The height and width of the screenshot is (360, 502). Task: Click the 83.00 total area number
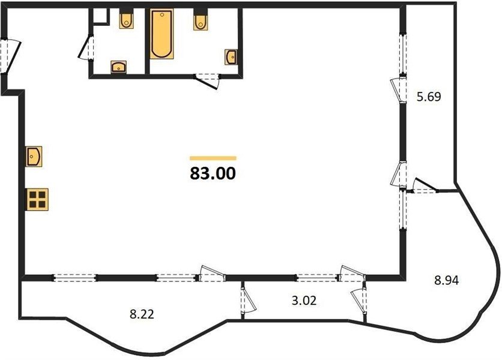pos(213,174)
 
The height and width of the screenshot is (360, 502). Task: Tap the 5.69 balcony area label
pos(429,97)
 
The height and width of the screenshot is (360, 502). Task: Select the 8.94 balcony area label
pos(446,281)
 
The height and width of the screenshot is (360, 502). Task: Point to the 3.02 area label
pos(304,301)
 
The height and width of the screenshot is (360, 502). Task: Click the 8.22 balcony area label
pos(142,314)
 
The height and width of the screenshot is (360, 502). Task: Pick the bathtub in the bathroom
pos(162,34)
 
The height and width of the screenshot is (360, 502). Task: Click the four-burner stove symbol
pos(37,199)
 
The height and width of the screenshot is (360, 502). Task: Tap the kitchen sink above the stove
pos(34,157)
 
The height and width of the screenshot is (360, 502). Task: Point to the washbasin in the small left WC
pos(119,67)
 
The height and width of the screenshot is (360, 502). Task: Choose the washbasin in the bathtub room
pos(231,57)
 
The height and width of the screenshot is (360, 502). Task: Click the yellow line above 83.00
pos(213,158)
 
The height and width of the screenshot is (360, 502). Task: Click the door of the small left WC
pos(86,47)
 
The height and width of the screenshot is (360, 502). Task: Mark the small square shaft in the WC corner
pos(100,16)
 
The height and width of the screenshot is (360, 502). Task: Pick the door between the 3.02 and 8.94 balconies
pos(358,301)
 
